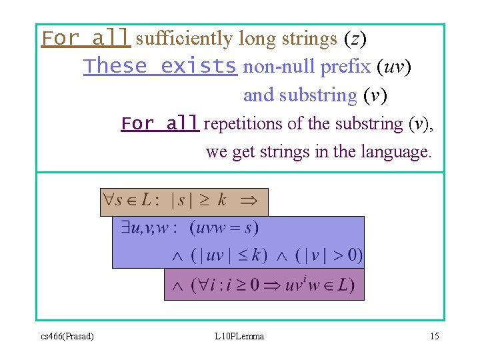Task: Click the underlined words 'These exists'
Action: tap(160, 66)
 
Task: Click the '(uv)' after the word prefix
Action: tap(394, 67)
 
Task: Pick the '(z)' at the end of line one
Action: tap(355, 39)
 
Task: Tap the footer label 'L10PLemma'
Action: tap(239, 336)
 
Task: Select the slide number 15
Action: tap(434, 336)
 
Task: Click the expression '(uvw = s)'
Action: tap(224, 228)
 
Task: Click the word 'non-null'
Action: tap(279, 67)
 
